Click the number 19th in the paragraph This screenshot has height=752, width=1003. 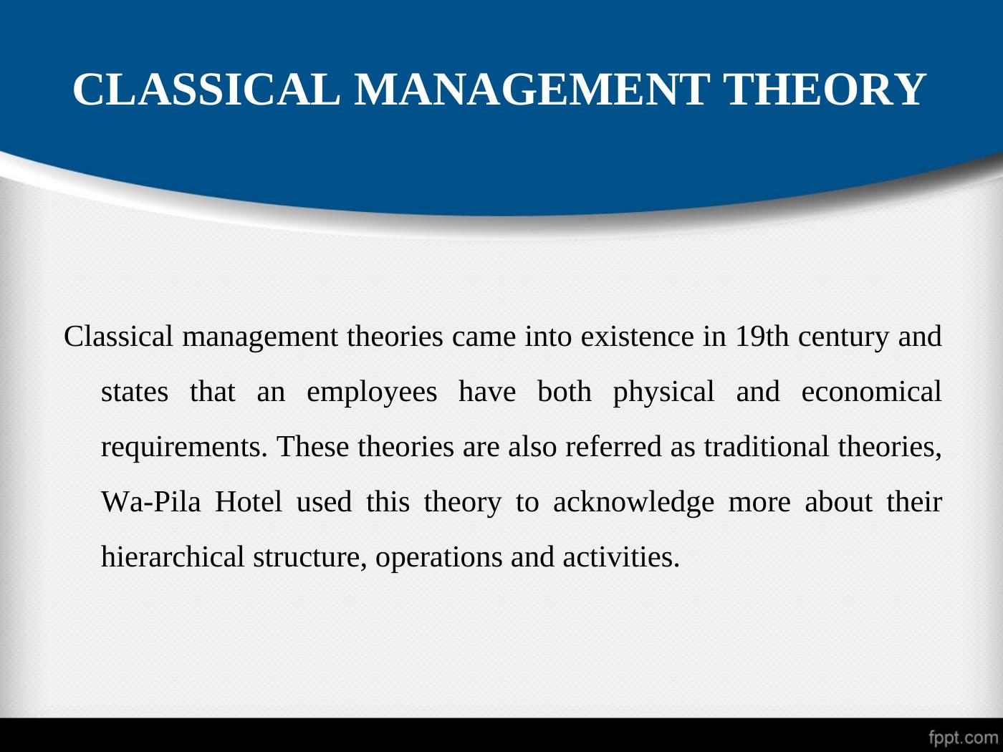coord(762,337)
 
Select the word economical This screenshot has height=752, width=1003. coord(871,392)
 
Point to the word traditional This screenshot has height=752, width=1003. coord(767,446)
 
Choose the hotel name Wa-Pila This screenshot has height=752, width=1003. coord(151,502)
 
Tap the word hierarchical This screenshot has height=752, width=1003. coord(173,556)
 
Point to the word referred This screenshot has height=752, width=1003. coord(614,446)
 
